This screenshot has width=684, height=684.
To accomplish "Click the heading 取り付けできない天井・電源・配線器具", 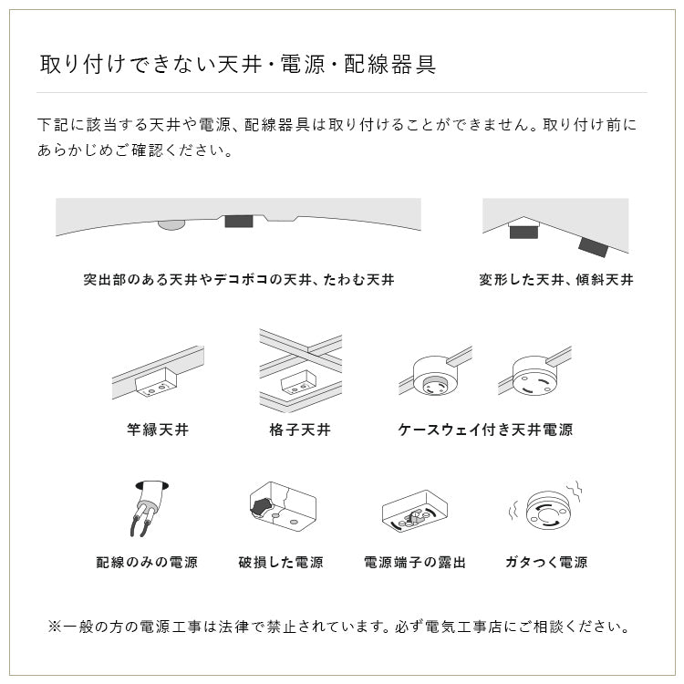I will point(238,65).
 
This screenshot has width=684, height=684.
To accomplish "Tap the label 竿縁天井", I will point(158,429).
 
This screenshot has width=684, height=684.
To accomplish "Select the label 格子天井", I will point(300,429).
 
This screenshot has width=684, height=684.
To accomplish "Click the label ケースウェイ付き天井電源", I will point(485,429).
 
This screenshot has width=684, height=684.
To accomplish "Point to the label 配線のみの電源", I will point(147,562).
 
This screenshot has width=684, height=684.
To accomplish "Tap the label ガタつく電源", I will point(545,562).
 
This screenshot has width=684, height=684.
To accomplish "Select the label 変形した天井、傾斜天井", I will point(555,280).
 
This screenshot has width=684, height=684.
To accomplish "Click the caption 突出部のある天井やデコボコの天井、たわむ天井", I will point(238,280).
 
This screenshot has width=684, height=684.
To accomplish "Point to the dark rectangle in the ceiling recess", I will point(238,222).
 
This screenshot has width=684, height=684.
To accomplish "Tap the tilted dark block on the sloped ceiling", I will point(593,244).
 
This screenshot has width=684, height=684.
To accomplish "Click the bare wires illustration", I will point(146,511).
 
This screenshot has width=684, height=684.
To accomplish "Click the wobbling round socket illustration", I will point(546,509).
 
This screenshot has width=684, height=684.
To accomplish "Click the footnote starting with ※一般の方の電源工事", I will point(338,627).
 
